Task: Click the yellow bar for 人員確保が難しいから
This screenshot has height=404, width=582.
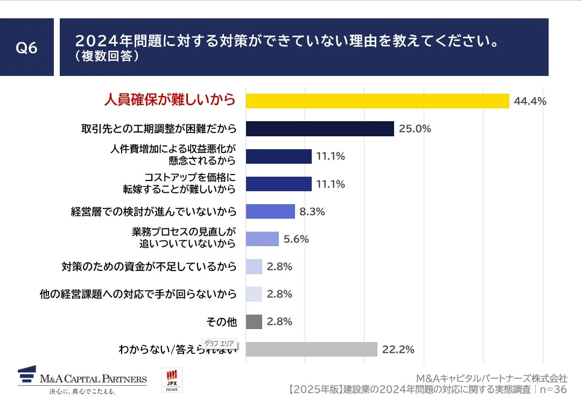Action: [x=377, y=101]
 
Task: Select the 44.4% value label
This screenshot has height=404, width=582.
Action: [x=530, y=101]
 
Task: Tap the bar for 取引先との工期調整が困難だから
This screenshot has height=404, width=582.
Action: [x=320, y=129]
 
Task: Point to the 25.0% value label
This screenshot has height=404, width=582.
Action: [x=415, y=129]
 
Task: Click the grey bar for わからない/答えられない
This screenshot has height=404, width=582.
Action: [x=311, y=349]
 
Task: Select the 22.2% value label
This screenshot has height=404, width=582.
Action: [x=398, y=350]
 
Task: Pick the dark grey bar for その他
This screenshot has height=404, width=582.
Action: [x=254, y=322]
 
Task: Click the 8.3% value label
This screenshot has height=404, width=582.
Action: [x=312, y=212]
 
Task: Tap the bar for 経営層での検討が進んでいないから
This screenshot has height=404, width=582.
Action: [x=270, y=211]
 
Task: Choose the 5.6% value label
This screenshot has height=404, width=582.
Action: [x=296, y=239]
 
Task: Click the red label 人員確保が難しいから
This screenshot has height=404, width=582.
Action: [x=170, y=100]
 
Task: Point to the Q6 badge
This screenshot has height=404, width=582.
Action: [x=26, y=47]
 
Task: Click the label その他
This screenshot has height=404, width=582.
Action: [x=221, y=322]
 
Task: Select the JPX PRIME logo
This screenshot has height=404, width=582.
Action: [x=172, y=380]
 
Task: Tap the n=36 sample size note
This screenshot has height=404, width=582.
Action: [x=553, y=389]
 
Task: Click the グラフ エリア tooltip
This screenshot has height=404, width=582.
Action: [x=219, y=343]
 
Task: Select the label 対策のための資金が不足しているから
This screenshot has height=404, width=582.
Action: [x=149, y=266]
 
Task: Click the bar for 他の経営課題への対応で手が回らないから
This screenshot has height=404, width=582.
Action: [x=254, y=294]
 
